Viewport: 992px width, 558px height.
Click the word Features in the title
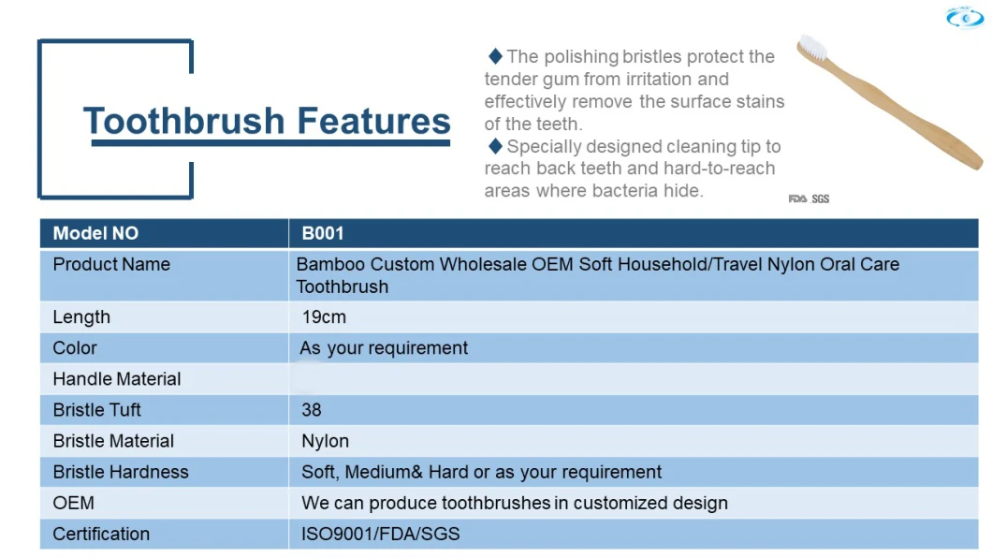[x=373, y=121]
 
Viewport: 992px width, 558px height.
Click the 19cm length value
[x=324, y=317]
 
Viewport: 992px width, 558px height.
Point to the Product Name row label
[x=111, y=264]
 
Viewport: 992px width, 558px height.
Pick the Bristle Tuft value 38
[x=312, y=410]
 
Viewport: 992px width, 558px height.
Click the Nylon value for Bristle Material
[x=325, y=442]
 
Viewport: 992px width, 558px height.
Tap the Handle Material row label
[x=117, y=379]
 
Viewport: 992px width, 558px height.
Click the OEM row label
[x=73, y=503]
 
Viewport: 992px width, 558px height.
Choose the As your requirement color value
[x=384, y=348]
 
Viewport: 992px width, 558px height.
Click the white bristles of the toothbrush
[x=811, y=47]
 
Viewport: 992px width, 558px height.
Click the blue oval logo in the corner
[x=965, y=18]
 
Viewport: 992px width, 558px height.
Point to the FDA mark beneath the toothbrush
[x=797, y=198]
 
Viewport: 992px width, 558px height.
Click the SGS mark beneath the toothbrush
[x=821, y=198]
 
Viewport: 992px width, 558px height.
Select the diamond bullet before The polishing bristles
[x=495, y=56]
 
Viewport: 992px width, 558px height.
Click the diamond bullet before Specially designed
[x=495, y=146]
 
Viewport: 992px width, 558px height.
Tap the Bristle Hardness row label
[x=121, y=472]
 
